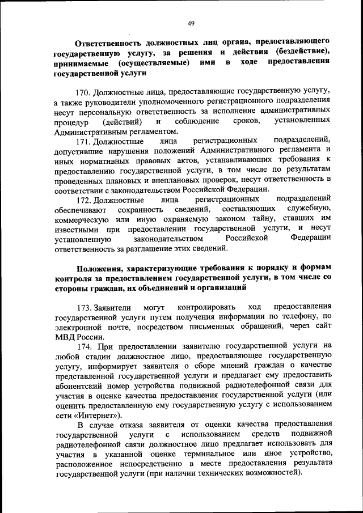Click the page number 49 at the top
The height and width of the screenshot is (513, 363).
click(191, 23)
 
